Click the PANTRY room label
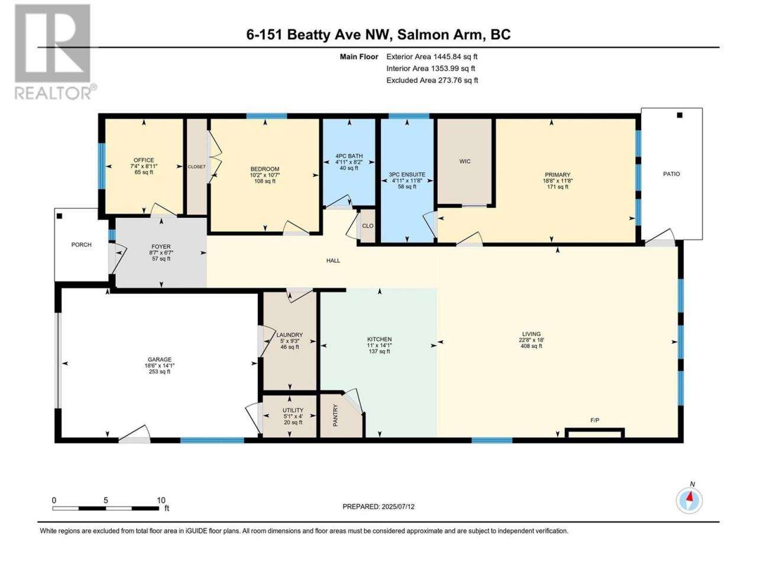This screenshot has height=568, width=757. [335, 415]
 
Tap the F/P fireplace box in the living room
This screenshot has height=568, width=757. [594, 433]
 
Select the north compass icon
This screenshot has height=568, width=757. [689, 501]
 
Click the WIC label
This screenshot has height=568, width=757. [464, 162]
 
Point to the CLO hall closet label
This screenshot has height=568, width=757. [368, 226]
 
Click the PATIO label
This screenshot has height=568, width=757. [671, 174]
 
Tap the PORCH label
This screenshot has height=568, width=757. [82, 244]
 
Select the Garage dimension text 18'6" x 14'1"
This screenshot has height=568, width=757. [160, 366]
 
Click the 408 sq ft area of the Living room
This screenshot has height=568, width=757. [531, 346]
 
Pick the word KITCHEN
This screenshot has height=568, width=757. [379, 340]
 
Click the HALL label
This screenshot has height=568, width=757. [333, 261]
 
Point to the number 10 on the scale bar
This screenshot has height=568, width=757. [161, 500]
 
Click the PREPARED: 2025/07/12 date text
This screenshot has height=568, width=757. [378, 506]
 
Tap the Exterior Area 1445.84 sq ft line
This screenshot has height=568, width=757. [432, 57]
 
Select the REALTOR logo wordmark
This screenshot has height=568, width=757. [56, 92]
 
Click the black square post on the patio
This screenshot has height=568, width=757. [680, 115]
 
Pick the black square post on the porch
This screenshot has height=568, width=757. [59, 216]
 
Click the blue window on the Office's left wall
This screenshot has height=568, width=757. [101, 166]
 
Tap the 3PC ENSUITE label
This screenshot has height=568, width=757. [407, 175]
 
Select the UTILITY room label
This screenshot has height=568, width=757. [293, 410]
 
